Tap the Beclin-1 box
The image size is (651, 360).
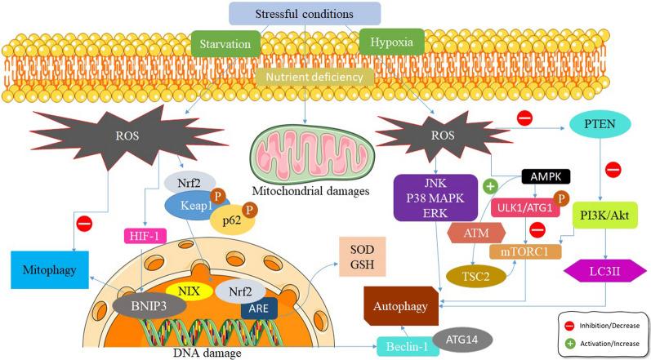[x=404, y=347]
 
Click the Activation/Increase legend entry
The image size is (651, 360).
[x=601, y=343]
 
